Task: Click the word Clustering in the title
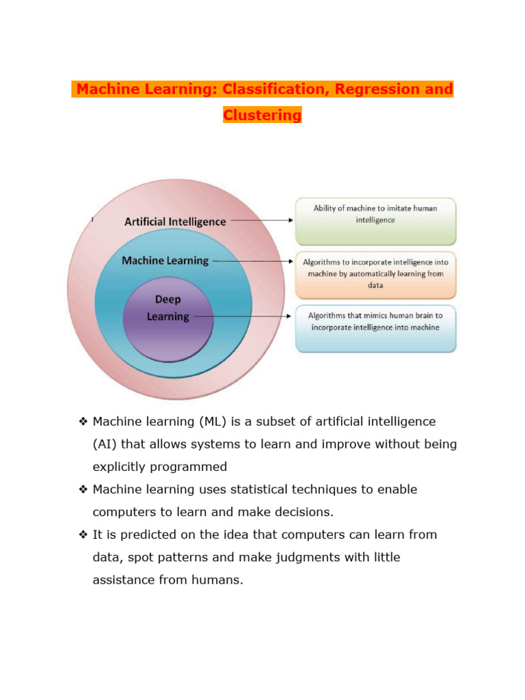pos(262,115)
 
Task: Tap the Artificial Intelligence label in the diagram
pos(175,221)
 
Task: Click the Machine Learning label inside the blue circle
pos(165,260)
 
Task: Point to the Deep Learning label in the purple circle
pos(168,308)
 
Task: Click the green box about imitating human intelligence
pos(375,221)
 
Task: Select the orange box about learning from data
pos(375,274)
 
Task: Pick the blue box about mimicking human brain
pos(375,327)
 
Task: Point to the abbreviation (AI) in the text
pos(105,444)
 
